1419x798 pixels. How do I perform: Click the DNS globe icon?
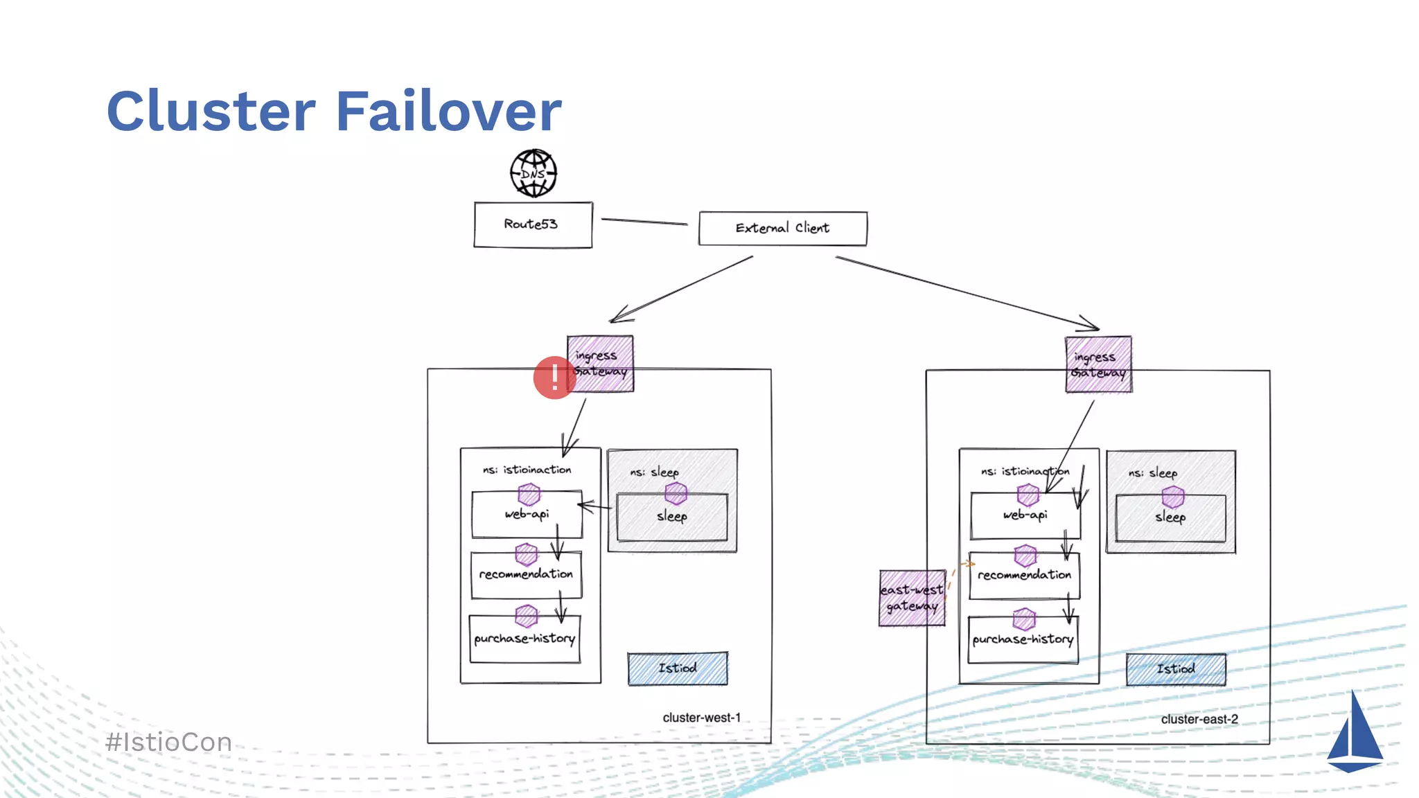tap(534, 173)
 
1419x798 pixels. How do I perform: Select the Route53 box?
tap(533, 224)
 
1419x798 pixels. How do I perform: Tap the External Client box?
tap(782, 228)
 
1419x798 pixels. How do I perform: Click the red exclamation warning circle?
tap(554, 378)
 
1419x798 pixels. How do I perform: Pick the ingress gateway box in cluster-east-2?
tap(1099, 364)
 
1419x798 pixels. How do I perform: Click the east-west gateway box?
tap(912, 598)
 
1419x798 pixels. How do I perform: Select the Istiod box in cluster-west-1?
tap(678, 668)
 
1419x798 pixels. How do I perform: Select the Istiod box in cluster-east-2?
tap(1176, 669)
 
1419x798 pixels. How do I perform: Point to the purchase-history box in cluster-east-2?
tap(1023, 640)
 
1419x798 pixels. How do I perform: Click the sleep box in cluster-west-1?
tap(671, 517)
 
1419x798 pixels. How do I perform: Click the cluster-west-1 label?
tap(701, 718)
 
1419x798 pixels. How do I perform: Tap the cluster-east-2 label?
tap(1199, 719)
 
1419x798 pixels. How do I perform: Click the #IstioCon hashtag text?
tap(169, 743)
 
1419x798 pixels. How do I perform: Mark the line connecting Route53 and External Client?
tap(644, 222)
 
